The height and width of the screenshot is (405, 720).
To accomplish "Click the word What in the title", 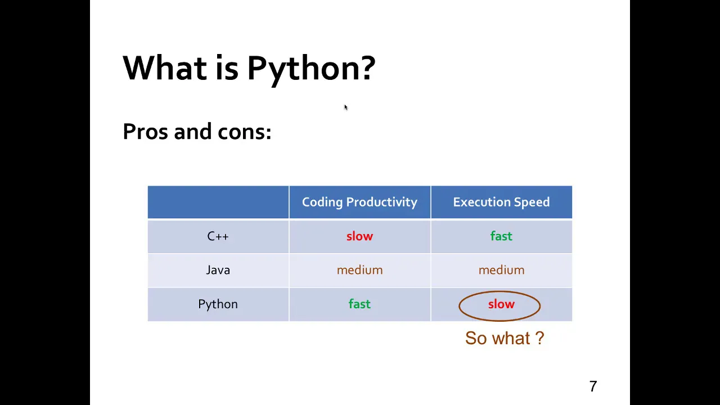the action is pyautogui.click(x=165, y=67).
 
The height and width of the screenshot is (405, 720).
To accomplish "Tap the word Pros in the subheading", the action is pyautogui.click(x=145, y=131).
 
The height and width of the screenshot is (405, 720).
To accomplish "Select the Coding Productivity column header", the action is pyautogui.click(x=359, y=202).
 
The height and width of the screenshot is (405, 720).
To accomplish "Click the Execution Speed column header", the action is pyautogui.click(x=501, y=202).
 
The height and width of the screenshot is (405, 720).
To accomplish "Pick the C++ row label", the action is pyautogui.click(x=218, y=237).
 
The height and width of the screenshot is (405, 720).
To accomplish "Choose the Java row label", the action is pyautogui.click(x=218, y=270).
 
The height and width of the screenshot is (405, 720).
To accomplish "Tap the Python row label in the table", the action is pyautogui.click(x=218, y=304).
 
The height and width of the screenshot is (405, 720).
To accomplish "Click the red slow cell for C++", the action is pyautogui.click(x=359, y=236).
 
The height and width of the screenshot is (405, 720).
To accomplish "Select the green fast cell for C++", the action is pyautogui.click(x=501, y=236).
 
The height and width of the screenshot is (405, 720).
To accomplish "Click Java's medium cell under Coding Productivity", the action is pyautogui.click(x=359, y=270).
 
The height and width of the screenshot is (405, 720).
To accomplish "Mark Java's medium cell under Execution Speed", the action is pyautogui.click(x=501, y=270).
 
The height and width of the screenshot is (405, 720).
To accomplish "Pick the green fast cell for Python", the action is pyautogui.click(x=359, y=304).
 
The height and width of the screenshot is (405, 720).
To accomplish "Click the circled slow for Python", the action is pyautogui.click(x=501, y=304).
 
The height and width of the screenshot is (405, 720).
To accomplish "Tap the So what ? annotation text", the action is pyautogui.click(x=505, y=338).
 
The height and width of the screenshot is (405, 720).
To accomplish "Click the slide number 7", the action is pyautogui.click(x=593, y=386).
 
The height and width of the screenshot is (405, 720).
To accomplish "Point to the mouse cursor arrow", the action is pyautogui.click(x=346, y=107).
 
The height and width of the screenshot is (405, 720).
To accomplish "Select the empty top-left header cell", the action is pyautogui.click(x=218, y=202).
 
